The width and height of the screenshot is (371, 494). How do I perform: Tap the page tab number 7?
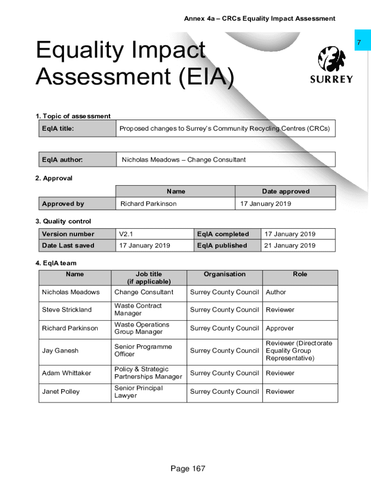tap(358, 43)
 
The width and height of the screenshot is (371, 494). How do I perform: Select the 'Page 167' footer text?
tap(188, 468)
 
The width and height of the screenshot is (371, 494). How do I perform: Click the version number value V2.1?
tap(126, 234)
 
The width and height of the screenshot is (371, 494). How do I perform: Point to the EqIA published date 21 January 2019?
tap(290, 246)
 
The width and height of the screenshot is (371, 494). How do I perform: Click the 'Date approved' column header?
tap(286, 192)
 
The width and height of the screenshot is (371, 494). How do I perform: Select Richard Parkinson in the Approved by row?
tap(148, 204)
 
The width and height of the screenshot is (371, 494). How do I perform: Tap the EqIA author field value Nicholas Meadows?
tap(184, 160)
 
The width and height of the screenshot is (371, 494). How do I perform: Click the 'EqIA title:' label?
tap(58, 129)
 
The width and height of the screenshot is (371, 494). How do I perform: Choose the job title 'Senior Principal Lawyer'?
tap(139, 392)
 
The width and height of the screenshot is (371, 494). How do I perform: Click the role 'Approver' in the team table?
tap(280, 328)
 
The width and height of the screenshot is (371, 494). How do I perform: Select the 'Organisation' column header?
tap(225, 274)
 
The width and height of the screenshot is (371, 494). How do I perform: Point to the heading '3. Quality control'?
tap(63, 221)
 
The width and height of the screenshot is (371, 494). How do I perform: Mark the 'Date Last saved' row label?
tap(68, 246)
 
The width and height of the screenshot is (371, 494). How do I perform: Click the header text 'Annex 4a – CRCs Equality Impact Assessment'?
tap(260, 19)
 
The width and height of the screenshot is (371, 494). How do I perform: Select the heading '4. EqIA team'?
tap(56, 263)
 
